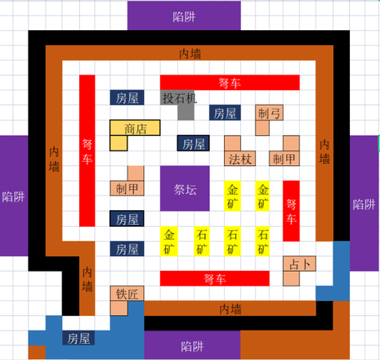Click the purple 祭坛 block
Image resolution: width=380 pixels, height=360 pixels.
(185, 188)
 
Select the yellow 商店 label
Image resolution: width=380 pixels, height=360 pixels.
(136, 128)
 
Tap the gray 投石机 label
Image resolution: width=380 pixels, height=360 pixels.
(180, 98)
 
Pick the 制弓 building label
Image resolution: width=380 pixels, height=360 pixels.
(269, 113)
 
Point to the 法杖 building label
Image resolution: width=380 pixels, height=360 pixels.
(240, 159)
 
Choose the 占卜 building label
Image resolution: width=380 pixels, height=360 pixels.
(300, 264)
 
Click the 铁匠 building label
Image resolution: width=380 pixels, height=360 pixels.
(127, 294)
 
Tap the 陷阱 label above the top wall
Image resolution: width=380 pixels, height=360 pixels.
(184, 17)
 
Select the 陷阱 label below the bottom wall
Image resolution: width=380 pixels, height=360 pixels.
(192, 346)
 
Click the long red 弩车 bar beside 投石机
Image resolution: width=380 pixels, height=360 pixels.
(230, 83)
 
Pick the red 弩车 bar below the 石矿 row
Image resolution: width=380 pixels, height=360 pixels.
(215, 278)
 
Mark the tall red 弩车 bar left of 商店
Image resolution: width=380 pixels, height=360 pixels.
(87, 151)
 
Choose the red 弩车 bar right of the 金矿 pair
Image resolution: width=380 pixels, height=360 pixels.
(291, 211)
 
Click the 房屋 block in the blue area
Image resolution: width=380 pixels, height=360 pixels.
(78, 339)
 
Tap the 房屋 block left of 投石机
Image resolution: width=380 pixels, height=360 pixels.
(127, 97)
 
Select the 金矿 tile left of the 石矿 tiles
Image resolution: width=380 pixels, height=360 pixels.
(169, 241)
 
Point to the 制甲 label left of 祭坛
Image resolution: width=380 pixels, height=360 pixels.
(127, 189)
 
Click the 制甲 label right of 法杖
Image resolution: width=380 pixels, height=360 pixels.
(284, 159)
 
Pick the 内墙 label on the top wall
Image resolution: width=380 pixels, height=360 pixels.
(190, 54)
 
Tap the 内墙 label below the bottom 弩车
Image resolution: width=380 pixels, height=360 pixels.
(230, 309)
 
